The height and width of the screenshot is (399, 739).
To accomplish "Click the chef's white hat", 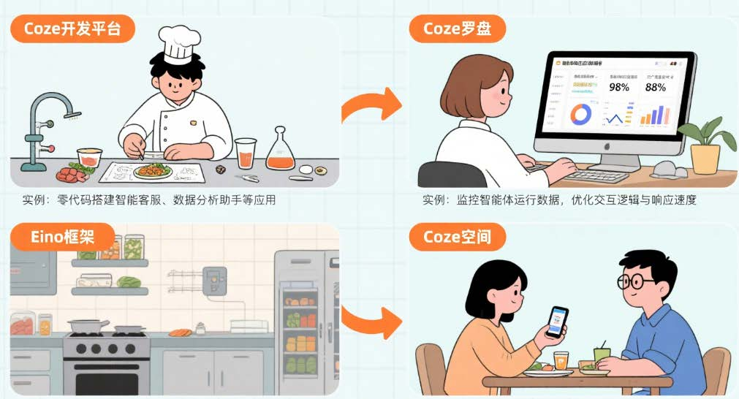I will [175, 45].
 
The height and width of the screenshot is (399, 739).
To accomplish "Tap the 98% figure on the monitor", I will [618, 87].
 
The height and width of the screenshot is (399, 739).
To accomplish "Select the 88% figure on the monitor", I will [656, 87].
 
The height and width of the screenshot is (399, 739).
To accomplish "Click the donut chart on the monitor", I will [582, 115].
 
